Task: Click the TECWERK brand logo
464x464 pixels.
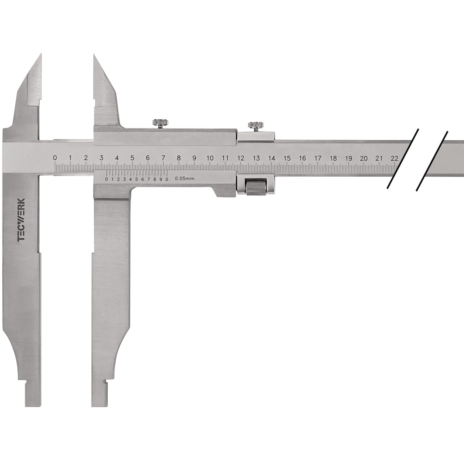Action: coord(21,220)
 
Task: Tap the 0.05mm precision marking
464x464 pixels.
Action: coord(185,179)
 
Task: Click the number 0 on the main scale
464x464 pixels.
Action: coord(55,158)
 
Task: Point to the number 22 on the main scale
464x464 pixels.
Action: coord(394,158)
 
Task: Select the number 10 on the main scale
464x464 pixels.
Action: coord(210,158)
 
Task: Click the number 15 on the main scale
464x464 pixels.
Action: coord(287,158)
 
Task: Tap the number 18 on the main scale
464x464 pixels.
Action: coord(333,158)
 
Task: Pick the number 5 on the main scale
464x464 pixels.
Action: coord(132,158)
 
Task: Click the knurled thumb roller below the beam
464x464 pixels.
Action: coord(256,187)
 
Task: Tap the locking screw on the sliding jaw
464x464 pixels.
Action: coord(160,123)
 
